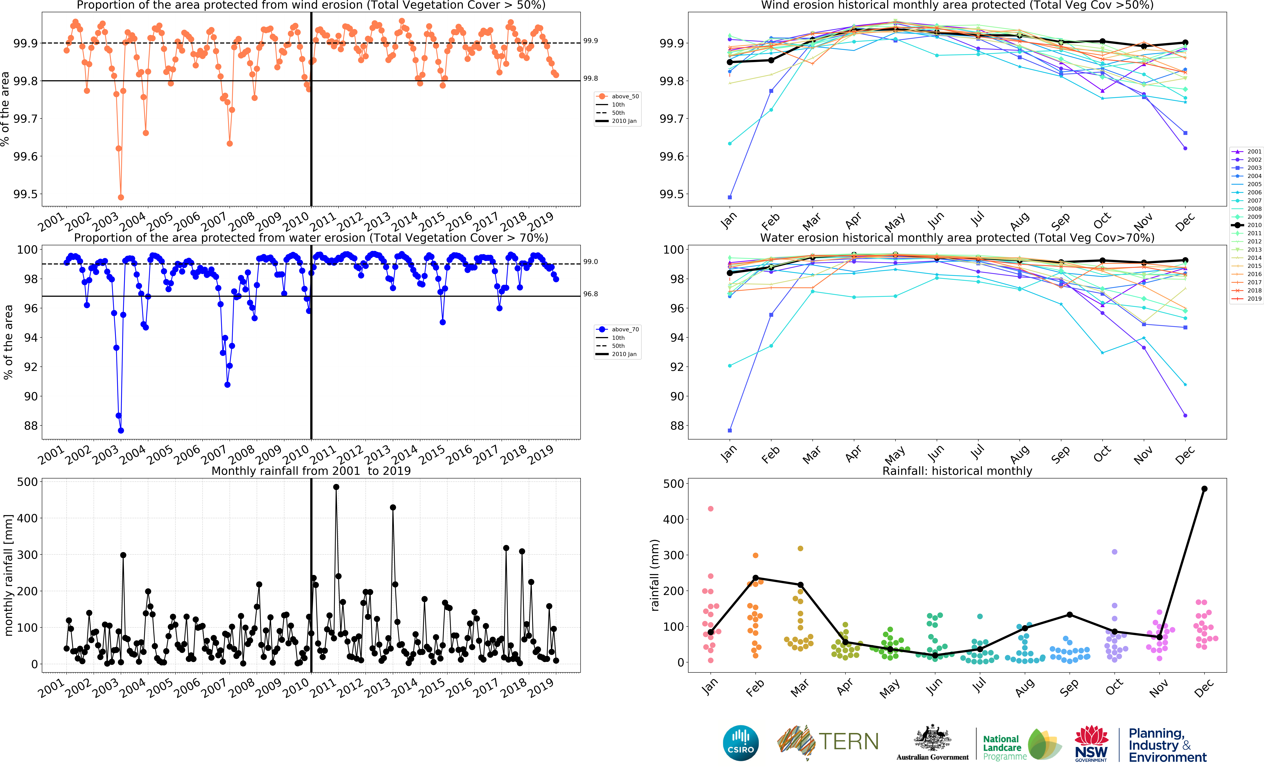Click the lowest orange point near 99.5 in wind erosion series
121,197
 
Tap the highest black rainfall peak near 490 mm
336,487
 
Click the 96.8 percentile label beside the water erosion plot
590,294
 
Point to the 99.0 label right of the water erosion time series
590,262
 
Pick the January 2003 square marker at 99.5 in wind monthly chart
729,197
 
